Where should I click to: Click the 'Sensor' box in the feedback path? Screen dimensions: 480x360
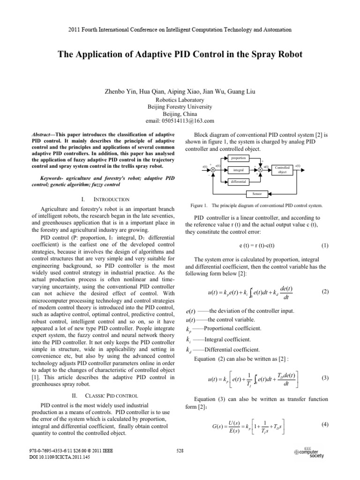point(257,194)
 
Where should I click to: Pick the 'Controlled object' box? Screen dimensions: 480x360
point(282,169)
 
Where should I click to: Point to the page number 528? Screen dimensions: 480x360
point(180,464)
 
